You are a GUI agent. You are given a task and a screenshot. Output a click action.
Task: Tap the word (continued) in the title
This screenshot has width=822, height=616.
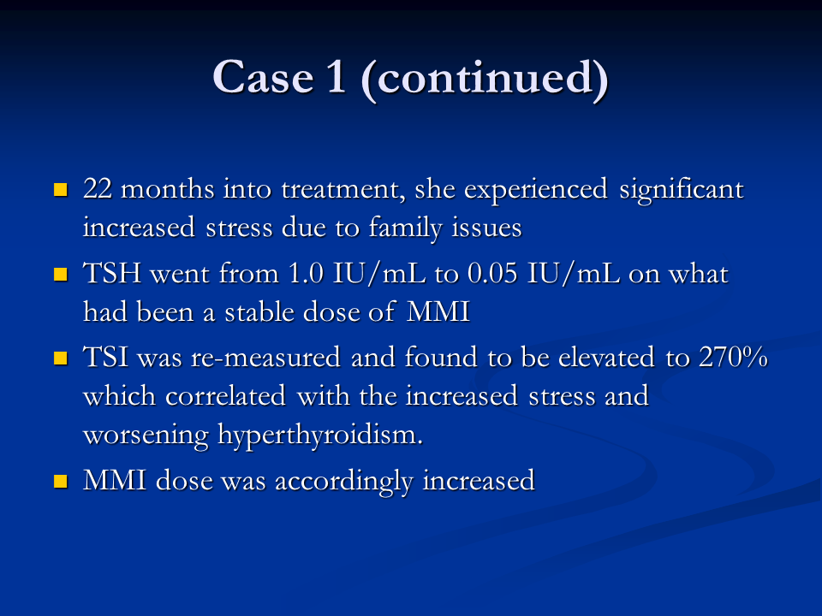(485, 79)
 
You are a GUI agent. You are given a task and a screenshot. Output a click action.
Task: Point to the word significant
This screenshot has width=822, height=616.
(682, 191)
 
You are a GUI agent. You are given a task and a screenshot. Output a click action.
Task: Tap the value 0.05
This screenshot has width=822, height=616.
(492, 273)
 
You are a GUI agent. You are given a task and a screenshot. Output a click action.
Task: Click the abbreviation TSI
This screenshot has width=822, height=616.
(106, 358)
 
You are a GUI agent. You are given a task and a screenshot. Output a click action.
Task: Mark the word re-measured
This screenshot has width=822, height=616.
(265, 358)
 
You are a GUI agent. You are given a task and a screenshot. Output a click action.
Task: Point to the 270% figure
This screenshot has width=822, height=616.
(734, 358)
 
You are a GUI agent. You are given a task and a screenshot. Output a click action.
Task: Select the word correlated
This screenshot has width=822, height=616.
(225, 395)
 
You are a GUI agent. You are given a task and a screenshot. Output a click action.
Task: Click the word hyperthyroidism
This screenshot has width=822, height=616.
(319, 435)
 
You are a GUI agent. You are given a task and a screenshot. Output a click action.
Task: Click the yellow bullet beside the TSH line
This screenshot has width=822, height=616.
(61, 275)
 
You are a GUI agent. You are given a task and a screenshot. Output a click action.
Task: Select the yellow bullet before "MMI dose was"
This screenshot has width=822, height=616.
(61, 481)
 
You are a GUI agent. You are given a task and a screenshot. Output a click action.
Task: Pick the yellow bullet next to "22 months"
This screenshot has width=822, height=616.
(61, 190)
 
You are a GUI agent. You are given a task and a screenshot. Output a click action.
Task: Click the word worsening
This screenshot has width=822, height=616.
(146, 435)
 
